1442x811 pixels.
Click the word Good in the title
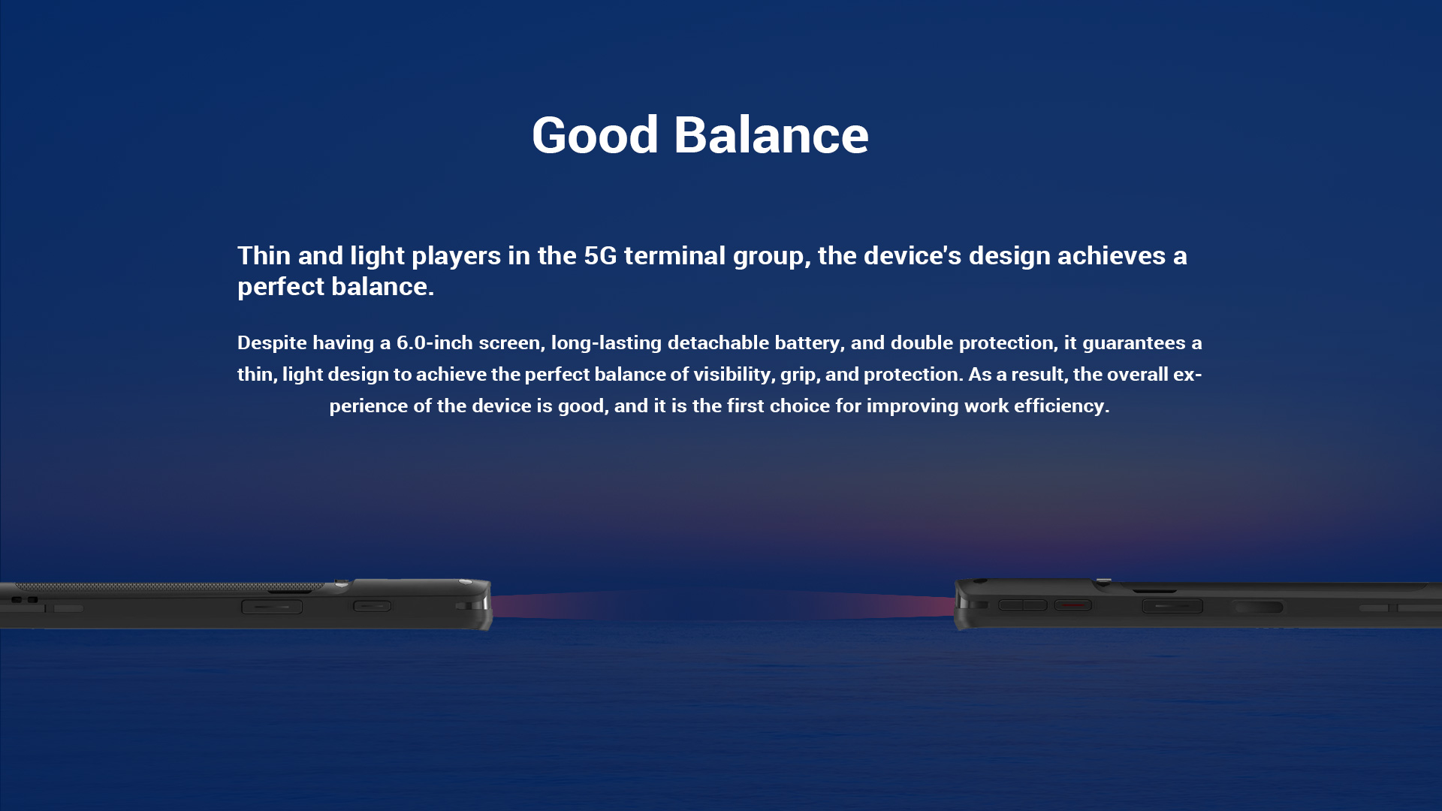coord(595,135)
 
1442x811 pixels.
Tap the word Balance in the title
coord(771,135)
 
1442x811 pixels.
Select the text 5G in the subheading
coord(600,256)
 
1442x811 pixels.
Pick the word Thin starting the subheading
coord(264,256)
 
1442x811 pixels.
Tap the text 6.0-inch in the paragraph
coord(435,343)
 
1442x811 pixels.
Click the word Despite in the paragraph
coord(272,343)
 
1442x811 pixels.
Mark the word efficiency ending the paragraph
coord(1061,406)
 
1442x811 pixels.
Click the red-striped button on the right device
coord(1072,605)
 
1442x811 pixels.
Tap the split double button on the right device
coord(1023,605)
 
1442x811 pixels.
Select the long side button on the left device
coord(272,607)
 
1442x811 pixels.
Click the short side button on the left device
coord(373,606)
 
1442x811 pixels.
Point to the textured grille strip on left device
coord(169,586)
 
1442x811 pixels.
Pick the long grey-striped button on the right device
coord(1172,606)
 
